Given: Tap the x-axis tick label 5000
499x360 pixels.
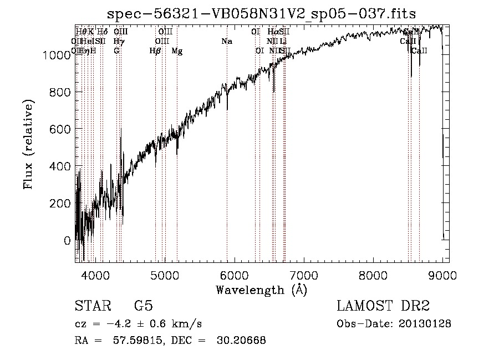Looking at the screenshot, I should pos(165,275).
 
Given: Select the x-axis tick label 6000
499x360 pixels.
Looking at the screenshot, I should pos(235,275).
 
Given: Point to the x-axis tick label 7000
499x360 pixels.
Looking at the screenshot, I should pos(304,275).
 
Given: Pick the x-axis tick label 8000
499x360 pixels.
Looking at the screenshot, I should pos(373,275).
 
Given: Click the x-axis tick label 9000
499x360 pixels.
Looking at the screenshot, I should pos(442,275).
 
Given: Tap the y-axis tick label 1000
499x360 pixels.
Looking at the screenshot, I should pos(57,55).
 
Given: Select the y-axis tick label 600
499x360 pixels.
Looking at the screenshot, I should pos(61,129).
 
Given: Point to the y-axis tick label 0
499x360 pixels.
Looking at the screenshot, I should pos(68,241).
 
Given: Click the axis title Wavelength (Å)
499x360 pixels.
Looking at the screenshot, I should pos(261,290).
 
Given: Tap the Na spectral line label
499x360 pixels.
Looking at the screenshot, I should pos(226,42).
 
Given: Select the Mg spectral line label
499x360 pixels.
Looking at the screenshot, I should pos(177,51).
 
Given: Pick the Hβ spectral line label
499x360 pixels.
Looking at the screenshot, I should pos(155,51).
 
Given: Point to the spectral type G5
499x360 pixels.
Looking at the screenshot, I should pos(144,307).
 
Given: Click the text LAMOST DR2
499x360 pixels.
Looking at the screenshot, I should pos(383,307).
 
